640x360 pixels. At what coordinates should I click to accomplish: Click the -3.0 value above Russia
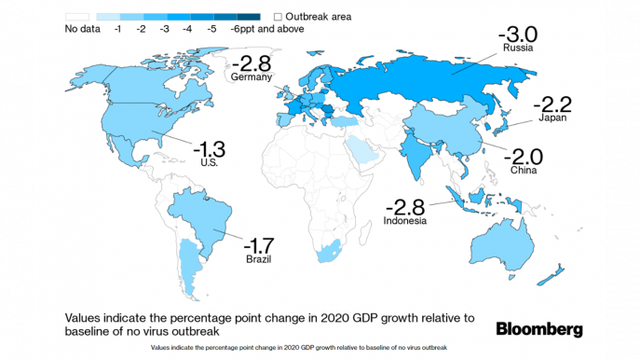518,35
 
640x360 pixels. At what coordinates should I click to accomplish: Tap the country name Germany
251,77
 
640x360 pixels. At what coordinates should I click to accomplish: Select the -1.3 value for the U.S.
209,149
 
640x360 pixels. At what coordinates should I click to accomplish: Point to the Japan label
552,118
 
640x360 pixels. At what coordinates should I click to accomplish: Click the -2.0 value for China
523,157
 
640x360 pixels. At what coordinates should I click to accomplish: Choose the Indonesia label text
404,220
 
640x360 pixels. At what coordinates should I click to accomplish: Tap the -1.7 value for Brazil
259,246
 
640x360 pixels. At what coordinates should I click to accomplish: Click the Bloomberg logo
539,329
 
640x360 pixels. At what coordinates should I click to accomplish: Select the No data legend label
82,29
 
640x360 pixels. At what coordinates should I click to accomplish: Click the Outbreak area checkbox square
278,17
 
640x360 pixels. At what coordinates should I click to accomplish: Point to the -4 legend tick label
187,29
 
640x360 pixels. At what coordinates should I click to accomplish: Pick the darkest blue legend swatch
249,17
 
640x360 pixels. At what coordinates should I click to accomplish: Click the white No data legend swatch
77,17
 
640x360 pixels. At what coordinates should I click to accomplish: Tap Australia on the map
503,247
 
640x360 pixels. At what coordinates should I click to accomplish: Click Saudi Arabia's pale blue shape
362,150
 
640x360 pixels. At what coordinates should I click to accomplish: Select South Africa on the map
329,252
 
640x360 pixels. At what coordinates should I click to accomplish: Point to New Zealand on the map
551,276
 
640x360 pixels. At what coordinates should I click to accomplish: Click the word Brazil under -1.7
258,259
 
